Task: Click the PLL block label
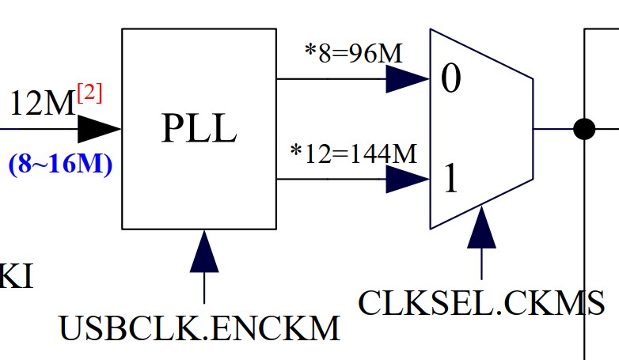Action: [199, 129]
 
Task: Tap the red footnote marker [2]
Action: [90, 93]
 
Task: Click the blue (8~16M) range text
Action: [60, 165]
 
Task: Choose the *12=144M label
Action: [354, 153]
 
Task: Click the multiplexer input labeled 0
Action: [450, 80]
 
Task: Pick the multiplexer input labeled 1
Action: [450, 180]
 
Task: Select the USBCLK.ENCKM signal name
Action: [199, 328]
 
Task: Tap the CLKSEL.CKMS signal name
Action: [481, 302]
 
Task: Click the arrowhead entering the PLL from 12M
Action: [99, 127]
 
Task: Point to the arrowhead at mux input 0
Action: [407, 78]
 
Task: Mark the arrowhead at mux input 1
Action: [407, 180]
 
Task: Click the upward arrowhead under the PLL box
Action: [204, 252]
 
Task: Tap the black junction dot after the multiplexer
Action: [584, 128]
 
